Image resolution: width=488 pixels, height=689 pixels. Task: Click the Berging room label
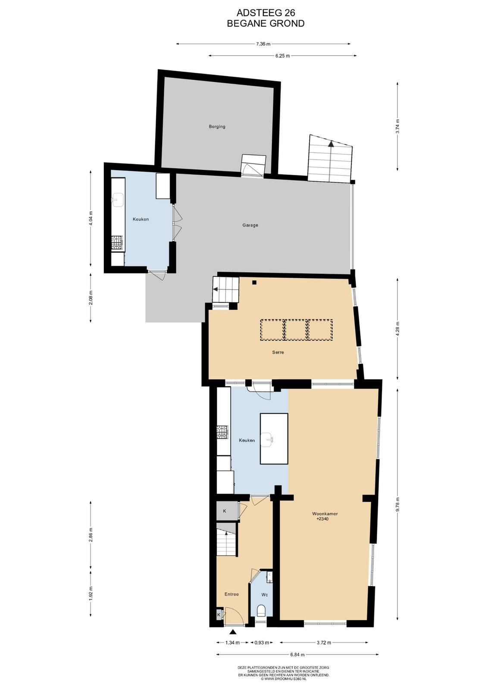[217, 127]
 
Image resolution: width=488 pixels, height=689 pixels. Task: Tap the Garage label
[250, 225]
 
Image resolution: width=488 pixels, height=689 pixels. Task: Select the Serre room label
[278, 352]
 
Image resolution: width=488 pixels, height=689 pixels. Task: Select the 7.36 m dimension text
[263, 44]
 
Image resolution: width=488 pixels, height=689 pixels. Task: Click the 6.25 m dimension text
[282, 56]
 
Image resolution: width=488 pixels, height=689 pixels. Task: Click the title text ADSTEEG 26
[266, 12]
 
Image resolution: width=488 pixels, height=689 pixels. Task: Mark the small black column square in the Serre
[254, 282]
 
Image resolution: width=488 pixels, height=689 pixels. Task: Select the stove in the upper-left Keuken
[117, 243]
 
